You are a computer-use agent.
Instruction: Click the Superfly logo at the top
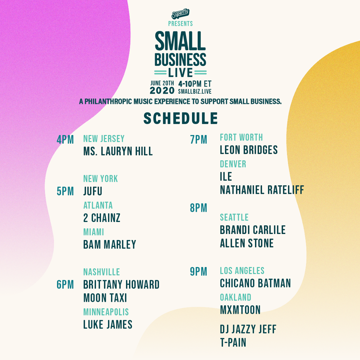(x=180, y=13)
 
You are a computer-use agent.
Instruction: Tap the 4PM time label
(x=65, y=139)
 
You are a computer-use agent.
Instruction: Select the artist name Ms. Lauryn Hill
(x=118, y=151)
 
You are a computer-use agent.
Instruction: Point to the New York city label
(x=100, y=178)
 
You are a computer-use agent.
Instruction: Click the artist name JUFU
(x=93, y=191)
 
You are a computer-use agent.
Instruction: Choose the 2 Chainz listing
(x=102, y=218)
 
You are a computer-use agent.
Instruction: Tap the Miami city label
(x=93, y=232)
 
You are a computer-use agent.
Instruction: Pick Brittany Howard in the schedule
(x=121, y=285)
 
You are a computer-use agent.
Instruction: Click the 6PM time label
(x=65, y=285)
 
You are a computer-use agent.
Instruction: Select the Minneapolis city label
(x=106, y=312)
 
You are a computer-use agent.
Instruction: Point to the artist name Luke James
(x=108, y=325)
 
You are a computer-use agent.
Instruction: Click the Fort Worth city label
(x=241, y=137)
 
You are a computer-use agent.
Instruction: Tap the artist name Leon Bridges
(x=249, y=150)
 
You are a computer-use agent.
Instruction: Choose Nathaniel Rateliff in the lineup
(x=262, y=190)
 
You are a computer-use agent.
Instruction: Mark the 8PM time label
(x=198, y=208)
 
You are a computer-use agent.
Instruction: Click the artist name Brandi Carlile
(x=253, y=230)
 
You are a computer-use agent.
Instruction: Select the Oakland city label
(x=235, y=297)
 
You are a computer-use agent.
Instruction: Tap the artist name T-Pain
(x=233, y=342)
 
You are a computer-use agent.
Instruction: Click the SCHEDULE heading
(x=180, y=118)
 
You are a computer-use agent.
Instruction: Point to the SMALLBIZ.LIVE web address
(x=195, y=91)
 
